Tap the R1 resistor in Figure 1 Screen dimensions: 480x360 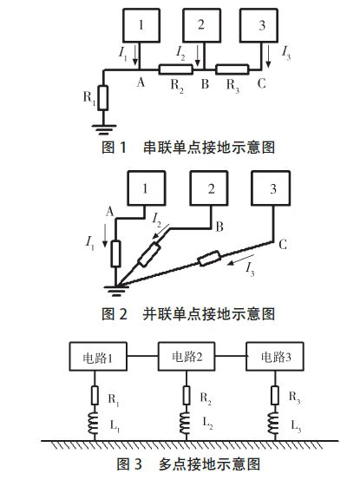103,98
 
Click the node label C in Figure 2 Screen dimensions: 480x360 283,246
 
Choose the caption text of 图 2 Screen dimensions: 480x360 188,313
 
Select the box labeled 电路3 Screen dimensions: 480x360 273,357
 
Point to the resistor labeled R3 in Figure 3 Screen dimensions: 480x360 273,395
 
